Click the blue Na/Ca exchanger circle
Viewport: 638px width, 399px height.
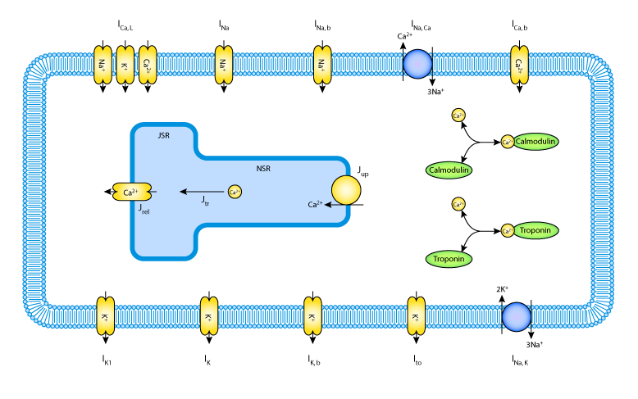coord(418,64)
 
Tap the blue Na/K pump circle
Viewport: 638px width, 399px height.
coord(517,316)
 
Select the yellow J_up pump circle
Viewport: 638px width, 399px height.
coord(345,190)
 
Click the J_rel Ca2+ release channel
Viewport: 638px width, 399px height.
coord(131,192)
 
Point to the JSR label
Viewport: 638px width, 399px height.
coord(164,134)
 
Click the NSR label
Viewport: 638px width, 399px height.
coord(263,169)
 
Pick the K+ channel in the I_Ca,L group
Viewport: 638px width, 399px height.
coord(125,64)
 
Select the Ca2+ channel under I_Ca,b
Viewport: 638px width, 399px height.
coord(519,64)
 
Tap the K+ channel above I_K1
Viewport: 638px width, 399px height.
coord(104,317)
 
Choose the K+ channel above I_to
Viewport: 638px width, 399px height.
coord(416,317)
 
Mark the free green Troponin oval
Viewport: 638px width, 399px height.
coord(450,259)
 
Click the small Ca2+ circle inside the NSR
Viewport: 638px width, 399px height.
coord(234,192)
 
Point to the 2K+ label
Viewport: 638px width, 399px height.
coord(502,289)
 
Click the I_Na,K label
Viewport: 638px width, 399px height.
coord(518,359)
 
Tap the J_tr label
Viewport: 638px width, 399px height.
coord(206,199)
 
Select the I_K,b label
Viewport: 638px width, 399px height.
coord(312,359)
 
